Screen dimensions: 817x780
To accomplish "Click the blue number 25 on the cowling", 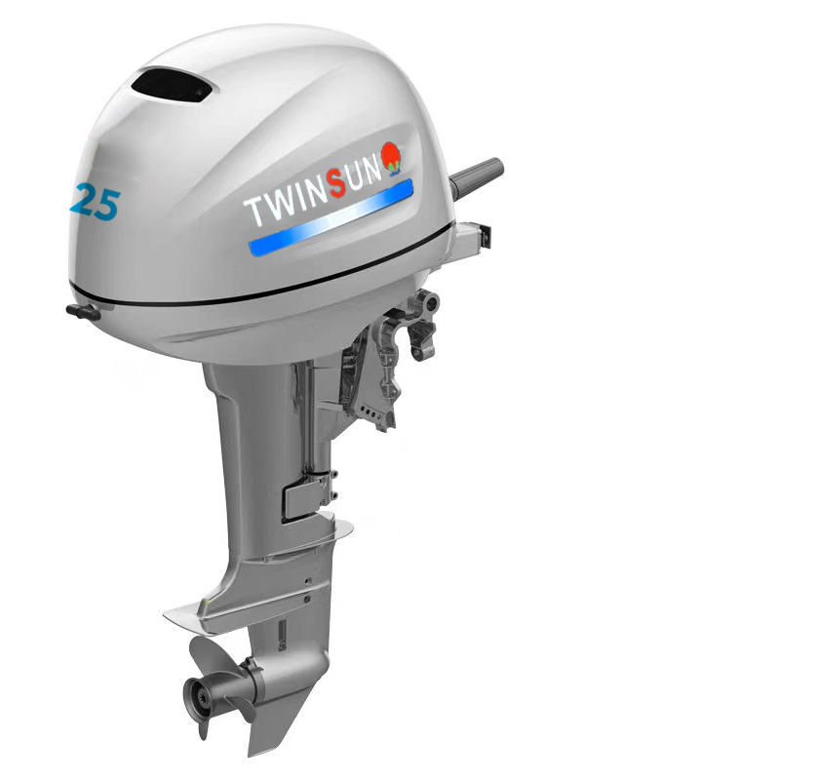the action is pos(95,201).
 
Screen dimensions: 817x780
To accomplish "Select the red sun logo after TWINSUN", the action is pos(393,157).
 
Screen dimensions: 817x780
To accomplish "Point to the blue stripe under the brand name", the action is pos(331,217).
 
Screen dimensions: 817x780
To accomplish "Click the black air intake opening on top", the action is pos(172,85).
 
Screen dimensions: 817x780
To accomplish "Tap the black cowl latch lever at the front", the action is pos(84,312).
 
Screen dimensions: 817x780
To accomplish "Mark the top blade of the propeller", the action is pos(211,655).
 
